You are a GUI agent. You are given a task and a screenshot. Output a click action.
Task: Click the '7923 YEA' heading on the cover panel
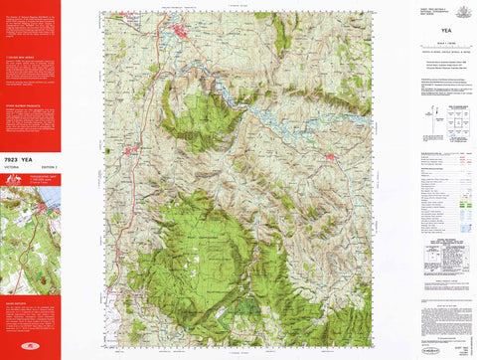coord(23,142)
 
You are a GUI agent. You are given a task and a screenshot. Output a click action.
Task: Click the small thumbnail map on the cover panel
coord(30,229)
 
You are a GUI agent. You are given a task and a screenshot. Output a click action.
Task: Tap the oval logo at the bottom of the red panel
coord(30,347)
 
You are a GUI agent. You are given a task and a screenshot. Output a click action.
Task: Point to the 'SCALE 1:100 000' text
coord(443,44)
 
